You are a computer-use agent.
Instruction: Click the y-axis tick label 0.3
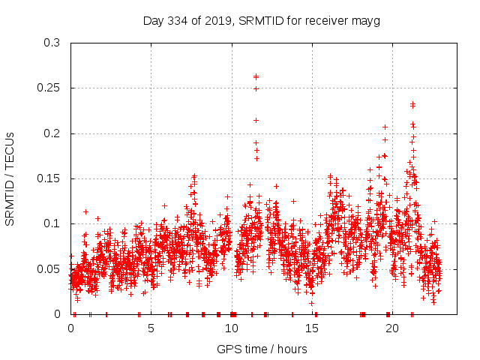(x=52, y=43)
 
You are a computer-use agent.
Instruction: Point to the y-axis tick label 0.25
(x=49, y=88)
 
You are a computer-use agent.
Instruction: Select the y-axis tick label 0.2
(x=52, y=133)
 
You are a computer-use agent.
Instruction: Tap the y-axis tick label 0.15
(x=49, y=178)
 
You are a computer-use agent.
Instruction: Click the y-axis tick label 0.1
(x=52, y=223)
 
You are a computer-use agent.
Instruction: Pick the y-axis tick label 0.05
(x=49, y=268)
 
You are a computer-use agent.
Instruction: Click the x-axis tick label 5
(x=151, y=327)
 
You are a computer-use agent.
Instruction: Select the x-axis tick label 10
(x=232, y=327)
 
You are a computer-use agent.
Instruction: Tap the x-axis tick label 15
(x=312, y=327)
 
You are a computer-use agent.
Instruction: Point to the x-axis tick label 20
(x=392, y=327)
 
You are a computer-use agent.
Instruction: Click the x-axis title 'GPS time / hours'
(x=262, y=349)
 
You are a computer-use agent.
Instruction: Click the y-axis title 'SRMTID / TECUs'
(x=10, y=178)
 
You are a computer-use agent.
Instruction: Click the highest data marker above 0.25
(x=256, y=76)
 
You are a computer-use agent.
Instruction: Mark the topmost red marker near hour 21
(x=412, y=103)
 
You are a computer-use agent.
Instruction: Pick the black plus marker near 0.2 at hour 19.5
(x=385, y=127)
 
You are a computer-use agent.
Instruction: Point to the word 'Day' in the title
(x=154, y=20)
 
